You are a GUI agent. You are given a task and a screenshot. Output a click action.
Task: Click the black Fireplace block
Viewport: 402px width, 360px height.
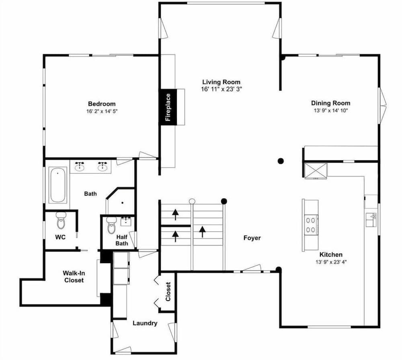(x=168, y=107)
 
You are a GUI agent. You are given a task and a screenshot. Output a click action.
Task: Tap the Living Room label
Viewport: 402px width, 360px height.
(x=222, y=82)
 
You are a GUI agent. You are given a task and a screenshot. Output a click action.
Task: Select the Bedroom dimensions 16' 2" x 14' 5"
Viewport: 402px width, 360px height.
(x=102, y=111)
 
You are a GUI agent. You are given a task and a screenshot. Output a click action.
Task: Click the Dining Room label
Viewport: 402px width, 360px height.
(x=331, y=103)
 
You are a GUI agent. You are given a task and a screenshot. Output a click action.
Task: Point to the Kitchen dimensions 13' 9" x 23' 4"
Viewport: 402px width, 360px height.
(x=331, y=262)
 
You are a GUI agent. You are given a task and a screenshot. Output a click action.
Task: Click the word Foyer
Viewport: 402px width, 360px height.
(x=252, y=238)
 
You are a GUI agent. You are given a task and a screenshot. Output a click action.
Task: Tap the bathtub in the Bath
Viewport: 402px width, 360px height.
(x=57, y=185)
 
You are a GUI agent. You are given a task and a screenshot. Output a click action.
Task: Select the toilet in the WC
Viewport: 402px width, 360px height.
(x=61, y=220)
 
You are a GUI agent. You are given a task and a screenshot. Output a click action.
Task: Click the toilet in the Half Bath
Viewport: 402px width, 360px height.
(x=111, y=225)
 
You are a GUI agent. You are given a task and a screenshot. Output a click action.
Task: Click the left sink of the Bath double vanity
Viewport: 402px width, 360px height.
(x=80, y=167)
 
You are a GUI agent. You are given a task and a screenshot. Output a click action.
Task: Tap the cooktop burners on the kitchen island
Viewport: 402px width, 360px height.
(x=311, y=225)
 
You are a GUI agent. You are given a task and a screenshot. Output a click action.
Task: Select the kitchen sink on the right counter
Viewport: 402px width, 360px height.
(x=371, y=220)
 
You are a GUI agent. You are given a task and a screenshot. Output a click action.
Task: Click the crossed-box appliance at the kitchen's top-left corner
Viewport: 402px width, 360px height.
(x=316, y=170)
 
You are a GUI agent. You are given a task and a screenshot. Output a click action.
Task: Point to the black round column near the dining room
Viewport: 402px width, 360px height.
(x=281, y=161)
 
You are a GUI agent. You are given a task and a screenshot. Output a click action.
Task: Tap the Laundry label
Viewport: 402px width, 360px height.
(x=145, y=323)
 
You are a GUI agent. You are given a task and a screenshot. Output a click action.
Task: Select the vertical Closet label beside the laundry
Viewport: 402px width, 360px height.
(x=168, y=292)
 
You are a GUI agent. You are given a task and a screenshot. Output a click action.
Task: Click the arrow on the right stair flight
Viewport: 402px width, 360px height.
(x=203, y=232)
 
